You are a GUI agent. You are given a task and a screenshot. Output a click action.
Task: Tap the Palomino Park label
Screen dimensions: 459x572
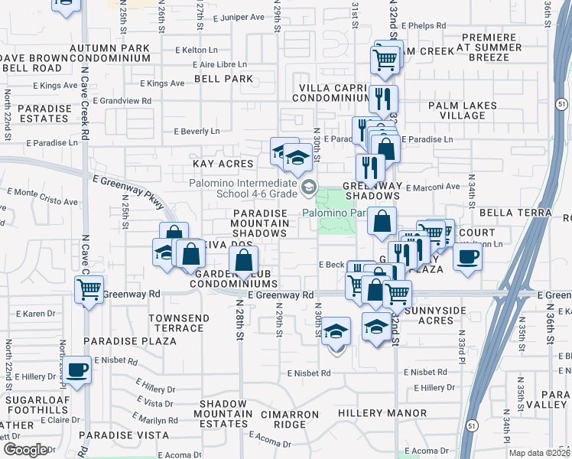[329, 213]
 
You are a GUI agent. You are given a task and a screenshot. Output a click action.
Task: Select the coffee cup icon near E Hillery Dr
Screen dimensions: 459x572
[76, 370]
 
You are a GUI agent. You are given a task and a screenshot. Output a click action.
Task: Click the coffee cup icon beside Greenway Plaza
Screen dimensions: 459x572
[467, 256]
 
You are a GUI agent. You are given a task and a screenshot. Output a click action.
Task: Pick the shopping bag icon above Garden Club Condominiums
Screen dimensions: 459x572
[243, 261]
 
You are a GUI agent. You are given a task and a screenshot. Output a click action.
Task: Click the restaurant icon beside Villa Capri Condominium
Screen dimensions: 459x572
[382, 99]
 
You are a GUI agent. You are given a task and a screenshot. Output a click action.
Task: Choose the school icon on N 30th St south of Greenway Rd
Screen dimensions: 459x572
[335, 332]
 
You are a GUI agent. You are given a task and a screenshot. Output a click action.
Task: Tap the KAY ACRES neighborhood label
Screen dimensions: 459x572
[223, 164]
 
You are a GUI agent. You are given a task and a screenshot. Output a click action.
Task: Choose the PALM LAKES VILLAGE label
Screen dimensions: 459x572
[463, 110]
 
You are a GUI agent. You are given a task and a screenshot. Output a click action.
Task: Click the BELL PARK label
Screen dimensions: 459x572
[223, 79]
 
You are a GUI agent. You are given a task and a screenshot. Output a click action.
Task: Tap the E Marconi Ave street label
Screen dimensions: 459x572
[432, 187]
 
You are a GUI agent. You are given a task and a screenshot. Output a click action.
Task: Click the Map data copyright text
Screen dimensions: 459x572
[538, 453]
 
